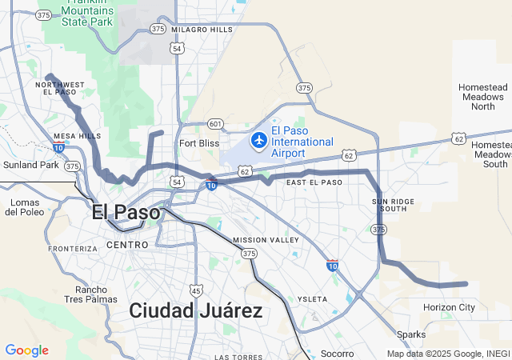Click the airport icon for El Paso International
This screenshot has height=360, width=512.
coord(258,141)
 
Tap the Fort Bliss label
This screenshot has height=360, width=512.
coord(199,143)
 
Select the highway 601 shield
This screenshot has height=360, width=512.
coord(214,123)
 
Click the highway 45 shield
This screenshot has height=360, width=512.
coord(196,290)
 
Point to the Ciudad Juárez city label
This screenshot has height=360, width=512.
coord(196,310)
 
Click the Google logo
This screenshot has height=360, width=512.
coord(26,350)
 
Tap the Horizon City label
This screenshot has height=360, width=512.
coord(449,307)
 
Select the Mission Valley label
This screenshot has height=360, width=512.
coord(266,240)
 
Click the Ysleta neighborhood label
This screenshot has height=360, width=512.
coord(312,299)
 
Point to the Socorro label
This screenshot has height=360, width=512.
coord(337,353)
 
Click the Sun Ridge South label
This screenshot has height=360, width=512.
coord(393,204)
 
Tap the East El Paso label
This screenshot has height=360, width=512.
coord(314,182)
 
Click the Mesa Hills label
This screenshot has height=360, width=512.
coord(77,136)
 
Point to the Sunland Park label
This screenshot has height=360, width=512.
coord(30,165)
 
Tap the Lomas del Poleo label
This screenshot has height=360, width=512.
coord(24,207)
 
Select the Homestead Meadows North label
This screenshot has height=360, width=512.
coord(482,96)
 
